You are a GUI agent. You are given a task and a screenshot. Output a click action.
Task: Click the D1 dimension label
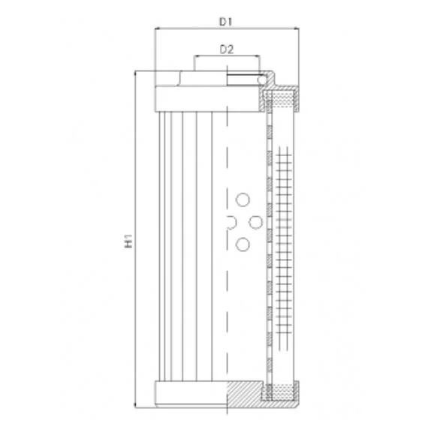click(x=226, y=22)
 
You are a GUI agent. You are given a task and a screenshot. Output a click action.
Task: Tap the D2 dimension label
click(x=227, y=50)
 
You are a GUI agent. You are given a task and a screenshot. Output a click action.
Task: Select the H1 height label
click(x=128, y=241)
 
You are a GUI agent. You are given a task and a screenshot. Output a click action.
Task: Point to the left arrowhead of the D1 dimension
click(x=158, y=29)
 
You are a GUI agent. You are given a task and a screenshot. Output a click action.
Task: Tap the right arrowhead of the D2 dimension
click(x=257, y=56)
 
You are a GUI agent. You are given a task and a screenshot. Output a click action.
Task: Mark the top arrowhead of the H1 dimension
click(x=135, y=74)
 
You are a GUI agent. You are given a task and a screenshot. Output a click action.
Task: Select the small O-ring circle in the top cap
click(x=262, y=80)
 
